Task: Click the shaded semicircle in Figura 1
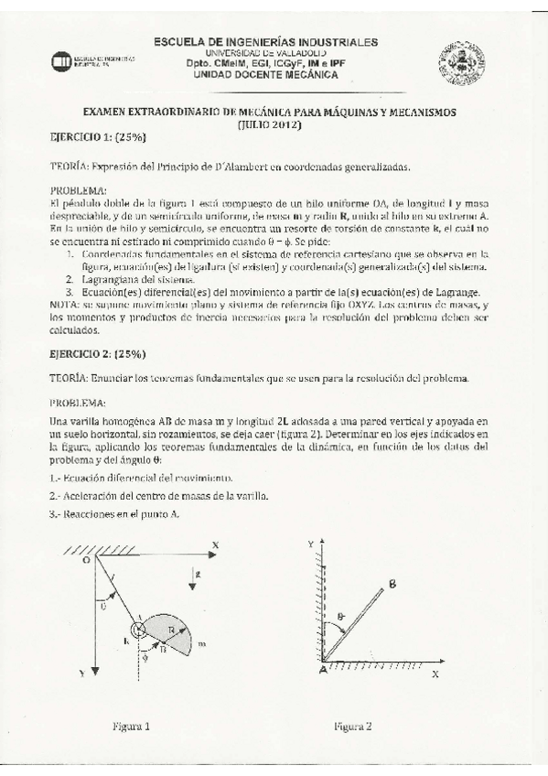click(x=171, y=633)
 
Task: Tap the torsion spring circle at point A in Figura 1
click(x=139, y=630)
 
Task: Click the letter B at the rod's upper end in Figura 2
click(x=391, y=582)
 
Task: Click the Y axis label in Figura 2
click(x=311, y=544)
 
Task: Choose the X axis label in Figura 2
click(x=435, y=673)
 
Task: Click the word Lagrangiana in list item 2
click(x=112, y=278)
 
